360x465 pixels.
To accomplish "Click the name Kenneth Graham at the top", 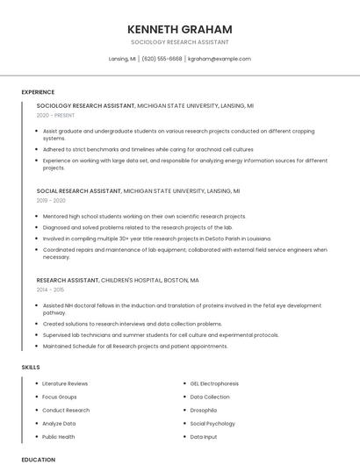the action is (x=179, y=29).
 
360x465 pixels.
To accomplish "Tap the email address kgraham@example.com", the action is (x=220, y=59).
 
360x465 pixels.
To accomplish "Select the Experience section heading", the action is (x=38, y=92).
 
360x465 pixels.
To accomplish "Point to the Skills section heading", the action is (x=31, y=367).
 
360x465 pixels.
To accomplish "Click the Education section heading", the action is (x=38, y=459).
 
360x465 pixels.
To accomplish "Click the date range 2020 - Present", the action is (x=56, y=115).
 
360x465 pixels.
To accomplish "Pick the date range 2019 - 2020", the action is (x=51, y=200).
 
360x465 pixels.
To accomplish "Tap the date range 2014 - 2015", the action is (x=50, y=290).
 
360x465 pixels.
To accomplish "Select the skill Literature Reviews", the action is (x=65, y=383).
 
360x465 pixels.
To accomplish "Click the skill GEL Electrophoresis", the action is (x=214, y=383).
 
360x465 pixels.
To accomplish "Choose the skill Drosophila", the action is (x=203, y=410).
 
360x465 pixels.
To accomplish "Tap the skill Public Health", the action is (x=59, y=436).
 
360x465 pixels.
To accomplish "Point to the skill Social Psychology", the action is (x=212, y=423).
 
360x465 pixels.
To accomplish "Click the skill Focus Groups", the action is (x=60, y=397).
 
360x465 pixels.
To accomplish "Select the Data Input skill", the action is (x=203, y=436).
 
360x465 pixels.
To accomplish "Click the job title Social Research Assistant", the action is (x=79, y=190).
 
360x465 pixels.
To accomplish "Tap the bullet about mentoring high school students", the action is (x=144, y=216).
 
